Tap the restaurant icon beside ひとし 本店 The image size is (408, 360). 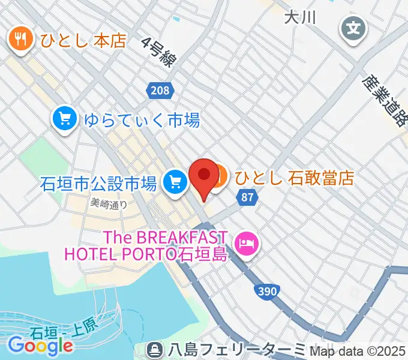point(20,40)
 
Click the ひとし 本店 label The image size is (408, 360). point(83,40)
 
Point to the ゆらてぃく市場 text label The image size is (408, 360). point(141,120)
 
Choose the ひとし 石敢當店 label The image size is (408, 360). point(294,178)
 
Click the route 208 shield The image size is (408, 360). point(160,91)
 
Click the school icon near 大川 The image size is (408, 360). point(354,27)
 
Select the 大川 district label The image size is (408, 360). point(300,17)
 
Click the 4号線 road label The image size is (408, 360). point(160,55)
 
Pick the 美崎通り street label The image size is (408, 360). point(109,203)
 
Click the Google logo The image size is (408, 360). point(40,344)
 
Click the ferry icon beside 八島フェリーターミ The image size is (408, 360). point(155,349)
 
